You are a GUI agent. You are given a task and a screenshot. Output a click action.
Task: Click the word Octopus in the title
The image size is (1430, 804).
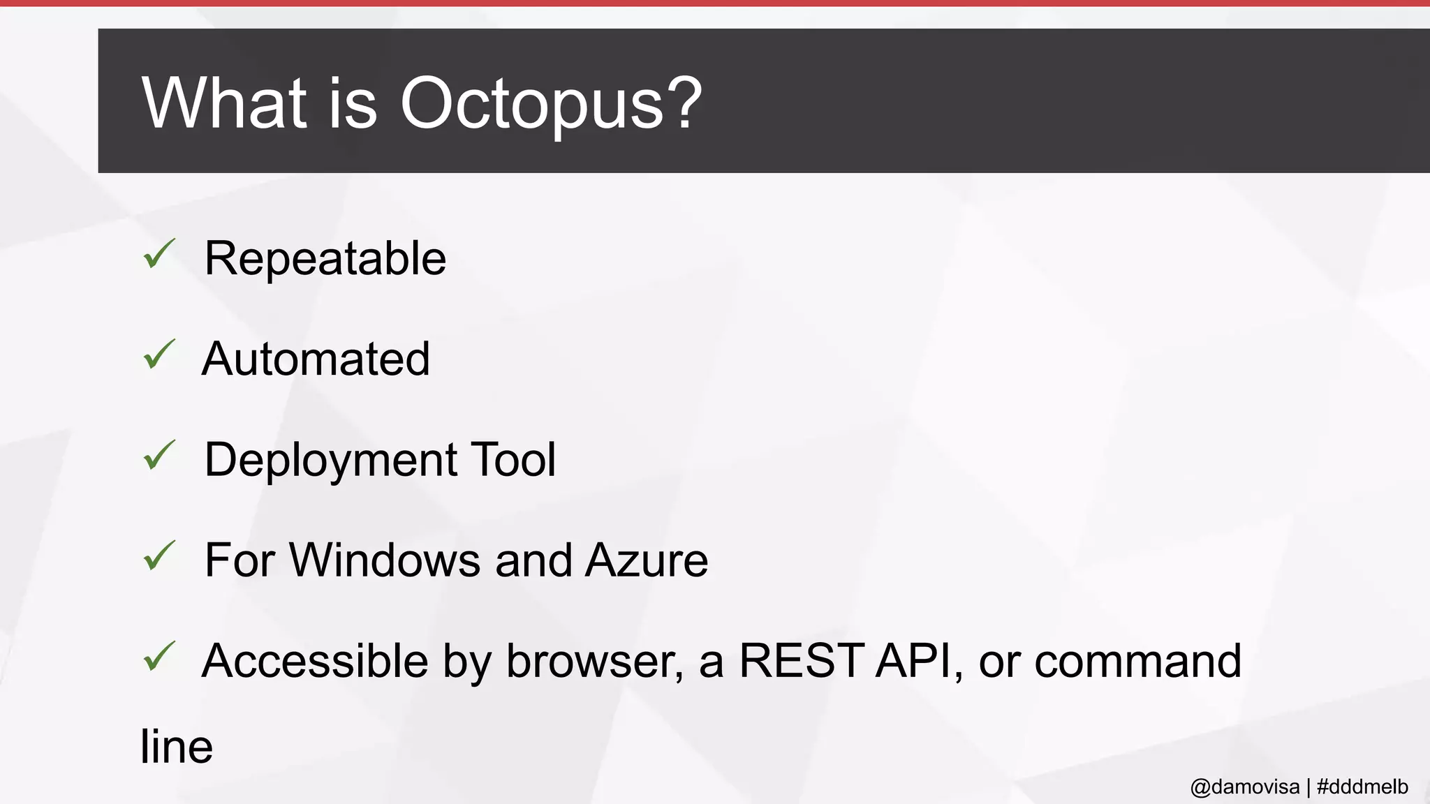click(531, 103)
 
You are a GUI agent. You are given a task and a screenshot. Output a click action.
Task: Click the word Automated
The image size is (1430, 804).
click(316, 359)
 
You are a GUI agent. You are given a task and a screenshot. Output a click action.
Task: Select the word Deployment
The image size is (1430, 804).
click(331, 461)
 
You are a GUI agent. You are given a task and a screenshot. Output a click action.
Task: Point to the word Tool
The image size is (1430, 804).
click(513, 460)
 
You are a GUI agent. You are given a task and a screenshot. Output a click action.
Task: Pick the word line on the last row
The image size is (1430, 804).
click(176, 746)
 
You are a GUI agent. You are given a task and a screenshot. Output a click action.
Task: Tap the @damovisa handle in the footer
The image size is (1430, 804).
click(1244, 787)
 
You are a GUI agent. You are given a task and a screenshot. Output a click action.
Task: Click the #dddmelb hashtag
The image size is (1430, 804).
click(1362, 787)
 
